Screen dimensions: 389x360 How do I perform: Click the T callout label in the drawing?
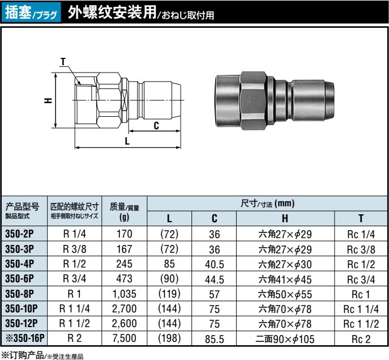coord(63,62)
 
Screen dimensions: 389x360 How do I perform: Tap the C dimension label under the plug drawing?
coord(156,126)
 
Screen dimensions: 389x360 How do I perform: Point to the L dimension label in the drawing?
coord(127,141)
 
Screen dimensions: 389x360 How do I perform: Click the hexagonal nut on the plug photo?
coord(253,100)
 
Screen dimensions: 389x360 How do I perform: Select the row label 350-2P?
coord(19,234)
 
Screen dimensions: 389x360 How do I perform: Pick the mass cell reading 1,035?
coord(125,294)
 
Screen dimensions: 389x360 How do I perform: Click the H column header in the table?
coord(285,218)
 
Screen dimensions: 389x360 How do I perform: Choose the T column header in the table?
coord(361,218)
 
